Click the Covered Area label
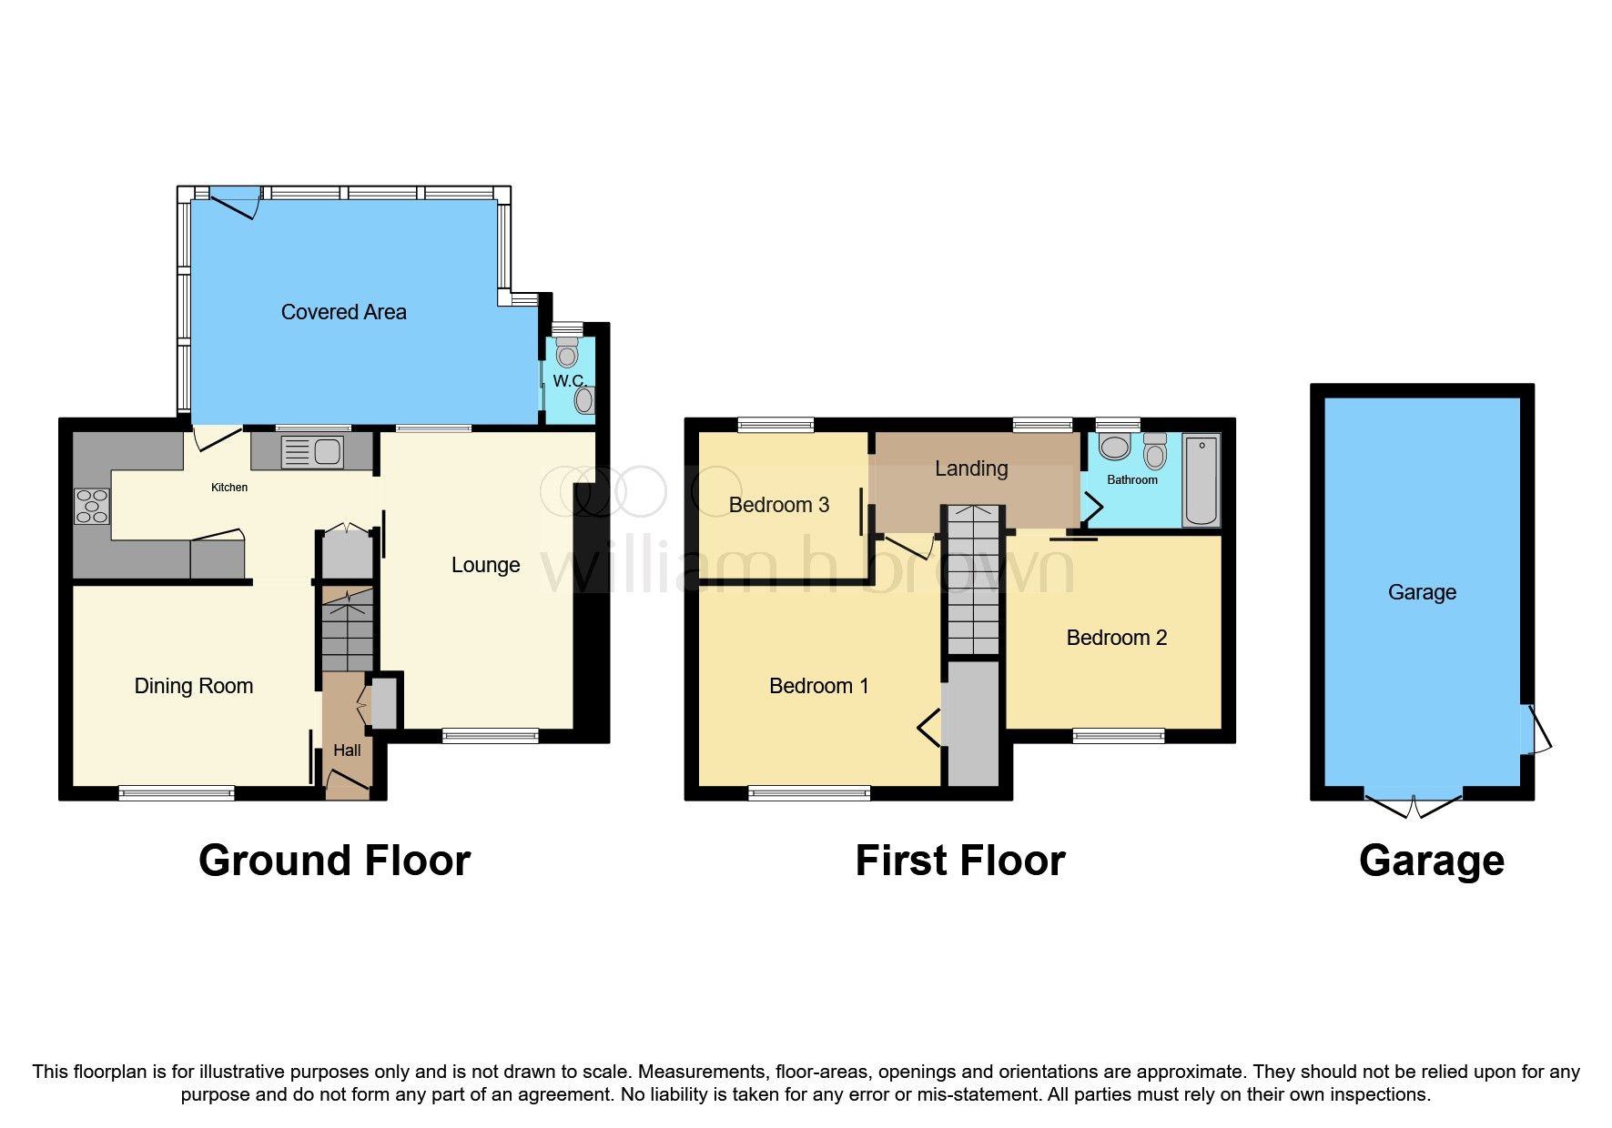pyautogui.click(x=343, y=312)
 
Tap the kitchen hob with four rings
pyautogui.click(x=92, y=507)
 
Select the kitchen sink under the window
pyautogui.click(x=312, y=451)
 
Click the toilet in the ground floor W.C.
pyautogui.click(x=567, y=350)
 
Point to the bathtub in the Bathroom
pyautogui.click(x=1201, y=479)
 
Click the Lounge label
pyautogui.click(x=485, y=565)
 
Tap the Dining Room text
pyautogui.click(x=193, y=686)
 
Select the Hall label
pyautogui.click(x=347, y=750)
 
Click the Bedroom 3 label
pyautogui.click(x=778, y=505)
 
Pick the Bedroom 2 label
pyautogui.click(x=1116, y=638)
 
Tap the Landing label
pyautogui.click(x=971, y=468)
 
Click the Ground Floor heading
pyautogui.click(x=334, y=861)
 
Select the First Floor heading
pyautogui.click(x=959, y=861)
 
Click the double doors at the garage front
pyautogui.click(x=1413, y=804)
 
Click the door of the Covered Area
pyautogui.click(x=236, y=202)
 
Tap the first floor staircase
pyautogui.click(x=973, y=579)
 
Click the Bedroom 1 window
pyautogui.click(x=808, y=793)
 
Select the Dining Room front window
pyautogui.click(x=177, y=793)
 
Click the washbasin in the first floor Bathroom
pyautogui.click(x=1114, y=447)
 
